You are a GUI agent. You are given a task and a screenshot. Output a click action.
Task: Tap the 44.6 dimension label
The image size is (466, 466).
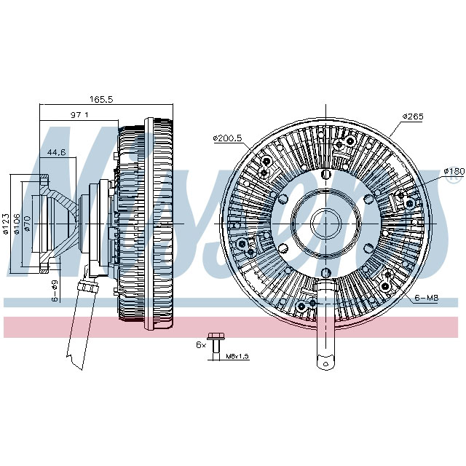click(56, 152)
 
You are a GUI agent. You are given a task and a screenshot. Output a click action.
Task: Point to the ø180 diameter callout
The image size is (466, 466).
click(453, 172)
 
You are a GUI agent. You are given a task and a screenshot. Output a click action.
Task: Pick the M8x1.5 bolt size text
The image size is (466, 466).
click(237, 356)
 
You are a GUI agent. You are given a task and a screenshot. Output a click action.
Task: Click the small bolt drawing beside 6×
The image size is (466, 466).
click(213, 346)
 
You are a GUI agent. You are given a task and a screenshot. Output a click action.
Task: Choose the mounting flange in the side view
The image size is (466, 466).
click(42, 219)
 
